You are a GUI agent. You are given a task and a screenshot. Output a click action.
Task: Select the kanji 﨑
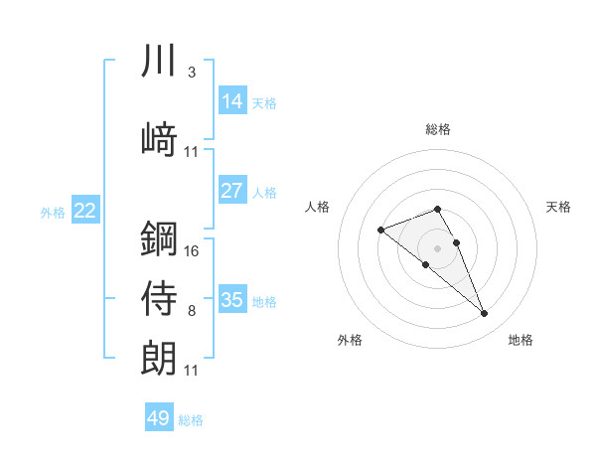(x=159, y=138)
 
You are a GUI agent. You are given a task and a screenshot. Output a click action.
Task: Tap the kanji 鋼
(x=159, y=238)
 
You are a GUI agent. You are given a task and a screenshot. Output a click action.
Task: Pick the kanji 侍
(x=159, y=298)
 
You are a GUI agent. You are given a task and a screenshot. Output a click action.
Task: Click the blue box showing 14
(x=231, y=100)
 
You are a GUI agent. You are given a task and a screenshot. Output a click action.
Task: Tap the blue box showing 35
(x=231, y=299)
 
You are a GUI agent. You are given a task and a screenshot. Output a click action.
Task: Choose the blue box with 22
(x=84, y=210)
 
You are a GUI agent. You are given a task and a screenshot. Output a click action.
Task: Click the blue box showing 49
(x=159, y=418)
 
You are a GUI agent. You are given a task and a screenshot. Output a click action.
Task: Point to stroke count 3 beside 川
(x=192, y=73)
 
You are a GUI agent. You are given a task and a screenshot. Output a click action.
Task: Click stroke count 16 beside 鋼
(x=192, y=250)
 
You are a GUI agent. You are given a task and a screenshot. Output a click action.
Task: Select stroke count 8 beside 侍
(x=192, y=311)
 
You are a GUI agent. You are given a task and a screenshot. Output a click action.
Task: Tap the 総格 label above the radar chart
(x=437, y=129)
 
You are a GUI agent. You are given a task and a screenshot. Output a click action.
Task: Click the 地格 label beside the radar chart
(x=521, y=340)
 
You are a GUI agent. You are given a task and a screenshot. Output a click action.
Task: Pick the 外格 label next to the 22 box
(x=53, y=212)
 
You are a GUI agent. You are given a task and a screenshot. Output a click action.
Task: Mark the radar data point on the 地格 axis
(x=484, y=314)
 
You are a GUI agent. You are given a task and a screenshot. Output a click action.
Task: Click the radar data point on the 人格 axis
(x=380, y=231)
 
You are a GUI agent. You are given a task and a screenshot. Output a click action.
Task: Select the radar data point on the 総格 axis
(x=437, y=209)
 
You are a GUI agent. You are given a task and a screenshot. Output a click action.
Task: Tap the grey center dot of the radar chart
(x=437, y=247)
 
